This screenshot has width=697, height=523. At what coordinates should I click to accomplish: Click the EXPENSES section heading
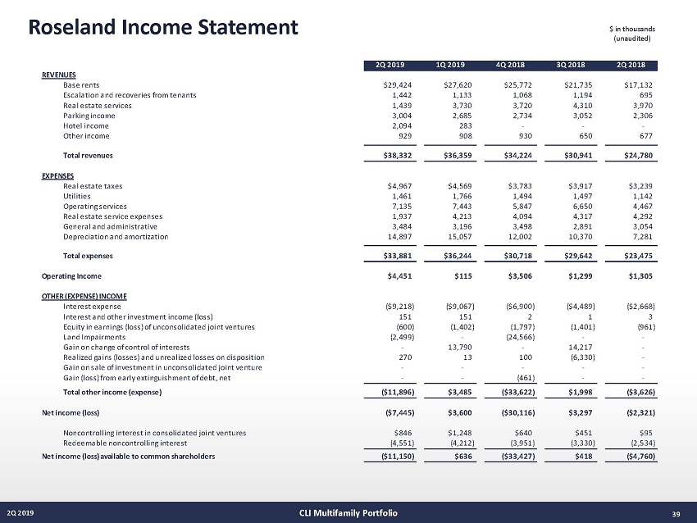[57, 175]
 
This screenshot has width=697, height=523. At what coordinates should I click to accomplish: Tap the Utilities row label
[77, 198]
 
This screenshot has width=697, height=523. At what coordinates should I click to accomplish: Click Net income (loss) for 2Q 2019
[399, 412]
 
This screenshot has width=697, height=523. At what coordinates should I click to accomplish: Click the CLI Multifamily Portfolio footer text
[348, 513]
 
